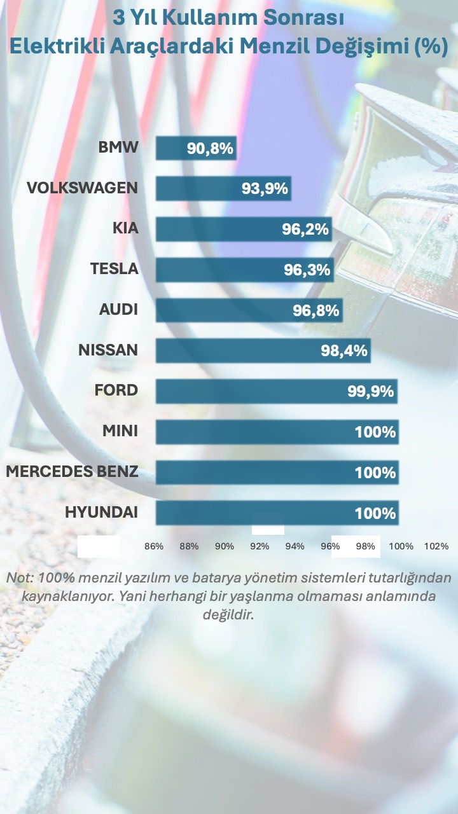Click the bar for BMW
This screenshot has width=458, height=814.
pyautogui.click(x=196, y=148)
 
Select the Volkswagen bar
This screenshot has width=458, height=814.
pyautogui.click(x=223, y=188)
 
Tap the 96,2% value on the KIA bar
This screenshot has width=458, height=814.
pyautogui.click(x=305, y=230)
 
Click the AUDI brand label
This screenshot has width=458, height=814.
pyautogui.click(x=118, y=310)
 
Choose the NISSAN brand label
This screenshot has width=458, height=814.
pyautogui.click(x=108, y=350)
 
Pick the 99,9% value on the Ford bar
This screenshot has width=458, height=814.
pyautogui.click(x=371, y=392)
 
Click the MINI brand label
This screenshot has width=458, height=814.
pyautogui.click(x=120, y=432)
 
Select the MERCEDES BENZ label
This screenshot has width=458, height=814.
pyautogui.click(x=72, y=473)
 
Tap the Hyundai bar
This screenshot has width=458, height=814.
pyautogui.click(x=277, y=513)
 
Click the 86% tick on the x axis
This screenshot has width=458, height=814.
pyautogui.click(x=154, y=546)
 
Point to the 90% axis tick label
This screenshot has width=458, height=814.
pyautogui.click(x=225, y=546)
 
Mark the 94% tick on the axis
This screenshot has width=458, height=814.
pyautogui.click(x=295, y=546)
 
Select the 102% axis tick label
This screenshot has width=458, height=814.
pyautogui.click(x=436, y=546)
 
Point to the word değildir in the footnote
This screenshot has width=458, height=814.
pyautogui.click(x=228, y=616)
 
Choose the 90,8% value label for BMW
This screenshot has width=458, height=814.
pyautogui.click(x=211, y=149)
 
